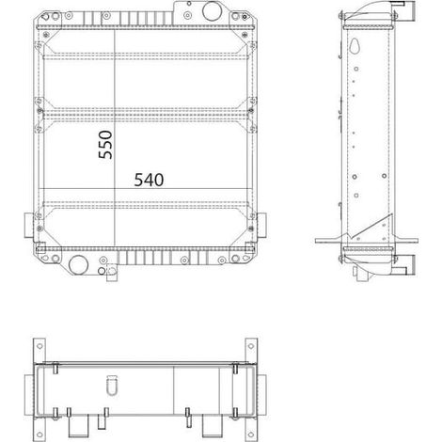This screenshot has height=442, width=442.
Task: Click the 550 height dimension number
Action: [x=105, y=145]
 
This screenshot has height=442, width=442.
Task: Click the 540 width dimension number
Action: [x=149, y=180]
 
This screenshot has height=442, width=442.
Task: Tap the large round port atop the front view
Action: [x=213, y=11]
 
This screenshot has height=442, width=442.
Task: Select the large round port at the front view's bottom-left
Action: [x=78, y=265]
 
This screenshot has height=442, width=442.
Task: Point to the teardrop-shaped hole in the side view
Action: [x=356, y=46]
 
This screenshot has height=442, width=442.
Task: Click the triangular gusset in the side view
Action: [x=378, y=228]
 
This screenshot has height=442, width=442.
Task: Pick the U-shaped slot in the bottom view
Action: [x=112, y=386]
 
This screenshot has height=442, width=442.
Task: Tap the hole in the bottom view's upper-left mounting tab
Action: [x=39, y=346]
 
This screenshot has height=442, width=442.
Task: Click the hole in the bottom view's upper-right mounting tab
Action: [x=251, y=346]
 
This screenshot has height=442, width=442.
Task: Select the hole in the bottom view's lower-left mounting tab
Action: [x=39, y=434]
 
